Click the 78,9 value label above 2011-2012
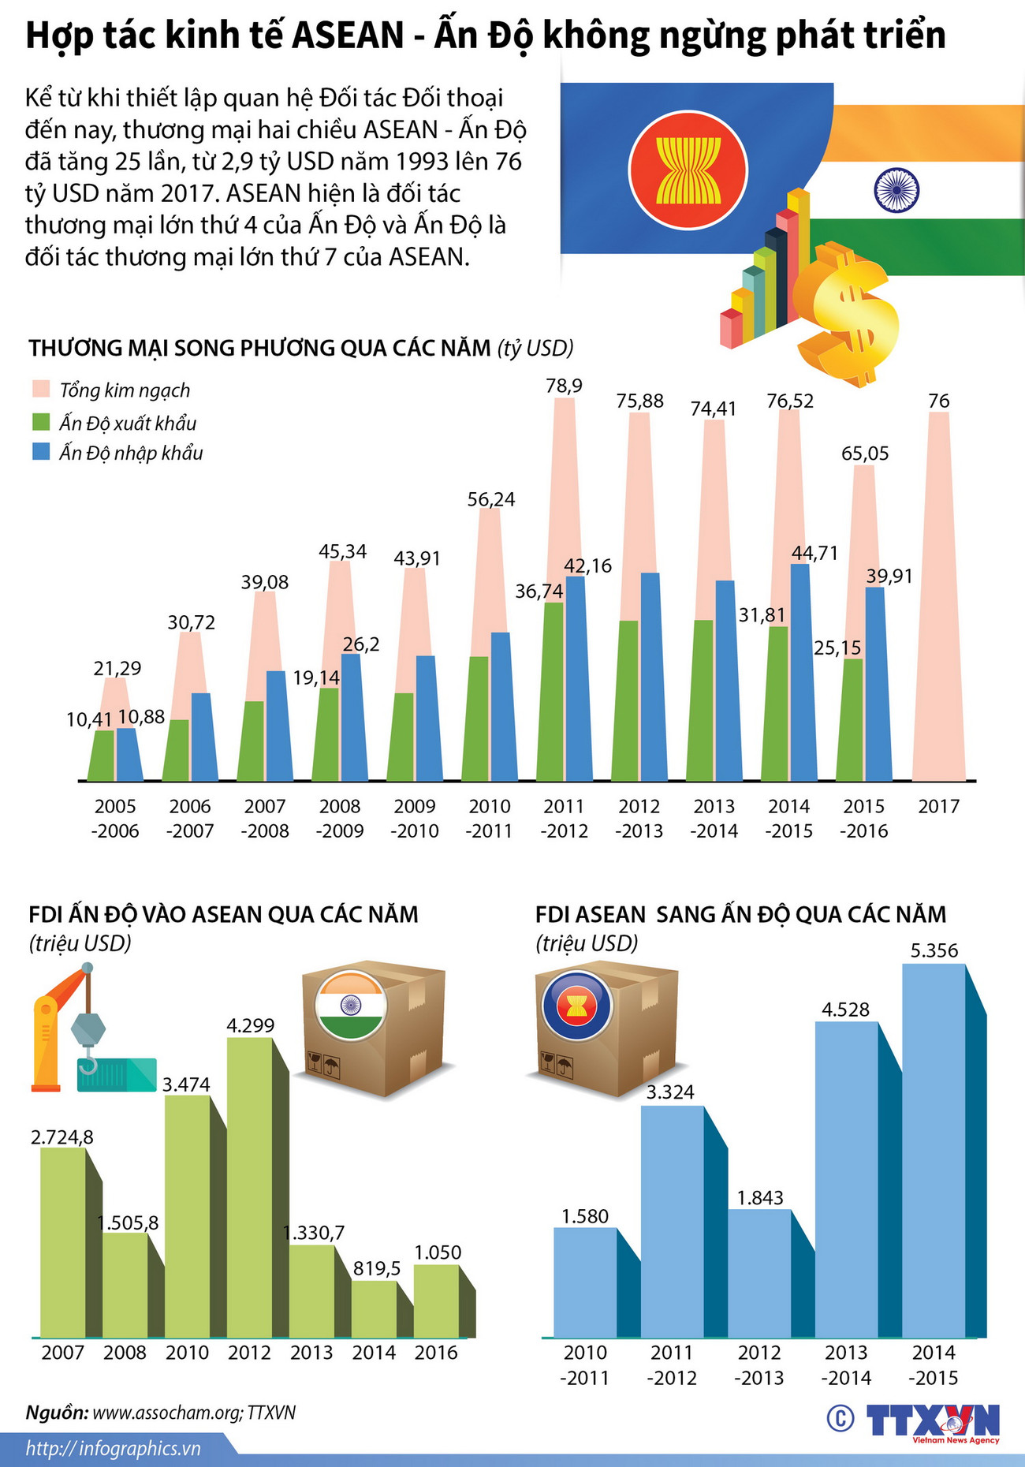564,386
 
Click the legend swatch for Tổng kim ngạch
41,390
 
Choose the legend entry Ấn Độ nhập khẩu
131,453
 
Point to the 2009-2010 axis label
415,818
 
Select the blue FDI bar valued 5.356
934,1152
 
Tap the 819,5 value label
377,1268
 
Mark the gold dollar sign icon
848,315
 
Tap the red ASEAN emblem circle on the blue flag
688,170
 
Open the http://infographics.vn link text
113,1449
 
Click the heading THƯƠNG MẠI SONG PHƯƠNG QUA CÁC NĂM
260,348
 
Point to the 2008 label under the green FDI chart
125,1353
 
